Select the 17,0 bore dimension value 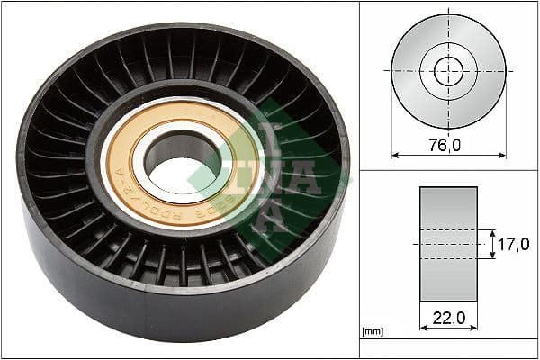point(512,244)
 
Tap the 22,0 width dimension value point(448,318)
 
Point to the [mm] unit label point(372,332)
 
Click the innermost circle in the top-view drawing point(448,71)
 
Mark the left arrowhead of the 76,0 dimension point(394,155)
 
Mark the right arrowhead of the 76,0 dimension point(502,155)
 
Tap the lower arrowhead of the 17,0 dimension point(492,256)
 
